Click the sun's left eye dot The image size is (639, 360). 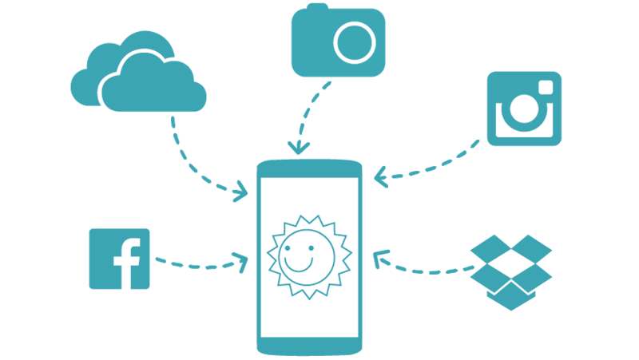pyautogui.click(x=288, y=248)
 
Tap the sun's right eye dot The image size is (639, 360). pyautogui.click(x=311, y=247)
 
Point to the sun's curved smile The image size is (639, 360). pyautogui.click(x=299, y=267)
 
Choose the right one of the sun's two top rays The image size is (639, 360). pyautogui.click(x=319, y=217)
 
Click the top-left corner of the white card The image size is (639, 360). pyautogui.click(x=262, y=179)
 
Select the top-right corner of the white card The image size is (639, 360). pyautogui.click(x=357, y=179)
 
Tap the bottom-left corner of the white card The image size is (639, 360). pyautogui.click(x=262, y=335)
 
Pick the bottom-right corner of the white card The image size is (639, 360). pyautogui.click(x=357, y=335)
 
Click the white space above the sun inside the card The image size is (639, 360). pyautogui.click(x=309, y=196)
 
